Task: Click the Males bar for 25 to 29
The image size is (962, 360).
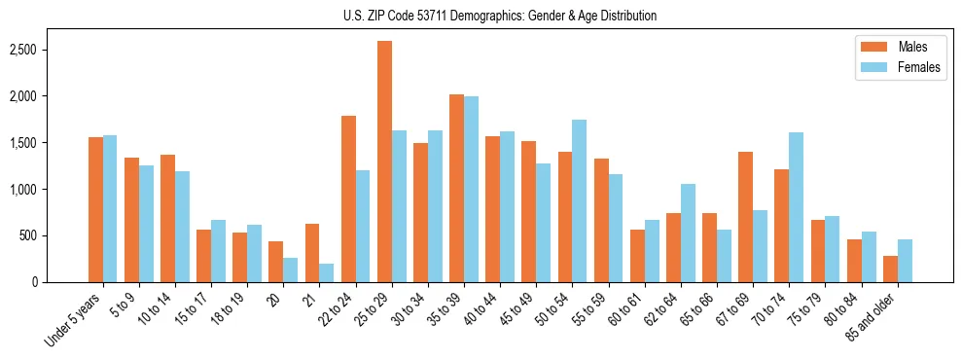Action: click(384, 162)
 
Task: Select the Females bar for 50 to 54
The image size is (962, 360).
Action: click(580, 200)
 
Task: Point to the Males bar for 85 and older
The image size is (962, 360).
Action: click(890, 269)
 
